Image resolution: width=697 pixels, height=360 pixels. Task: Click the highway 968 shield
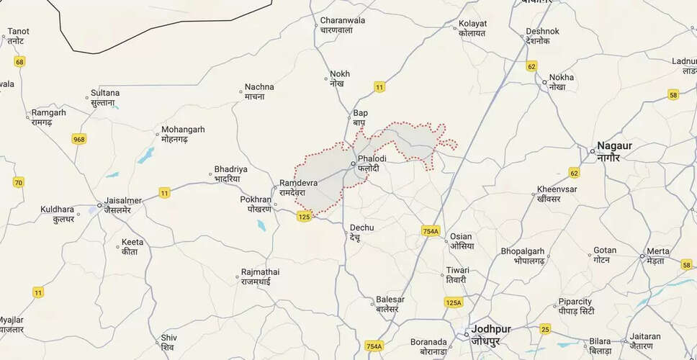[79, 139]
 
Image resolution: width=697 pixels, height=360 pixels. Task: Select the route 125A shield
[453, 302]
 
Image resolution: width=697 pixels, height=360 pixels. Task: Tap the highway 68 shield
[19, 62]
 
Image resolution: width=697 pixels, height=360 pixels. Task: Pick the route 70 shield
[19, 183]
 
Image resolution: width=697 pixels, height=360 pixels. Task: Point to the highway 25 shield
[545, 329]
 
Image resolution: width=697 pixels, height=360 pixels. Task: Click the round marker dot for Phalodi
[351, 165]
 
